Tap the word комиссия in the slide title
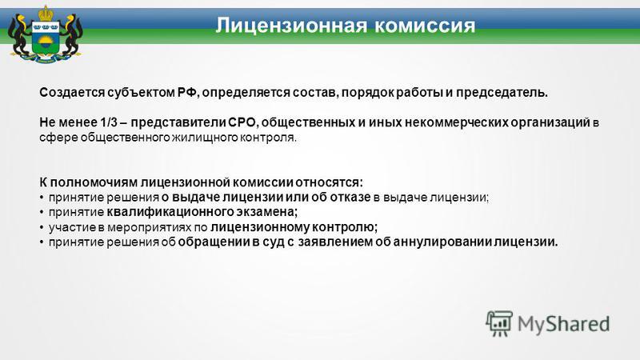[425, 26]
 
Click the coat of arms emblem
[46, 34]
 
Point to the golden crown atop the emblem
[46, 13]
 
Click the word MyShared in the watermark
[564, 324]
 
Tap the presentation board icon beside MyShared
[499, 323]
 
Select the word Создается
[72, 93]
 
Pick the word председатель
[502, 93]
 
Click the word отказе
[350, 197]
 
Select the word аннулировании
[442, 242]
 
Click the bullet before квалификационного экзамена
[42, 213]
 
